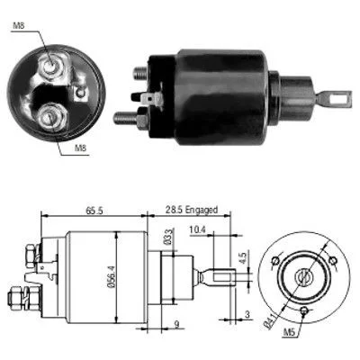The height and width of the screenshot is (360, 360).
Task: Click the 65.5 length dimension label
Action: point(94,211)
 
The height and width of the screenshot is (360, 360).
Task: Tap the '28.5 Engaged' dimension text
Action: point(192,210)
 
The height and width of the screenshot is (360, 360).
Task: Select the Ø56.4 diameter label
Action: point(111,276)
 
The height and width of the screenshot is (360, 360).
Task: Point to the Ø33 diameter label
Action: point(169,237)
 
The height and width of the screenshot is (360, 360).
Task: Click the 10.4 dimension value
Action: point(197,229)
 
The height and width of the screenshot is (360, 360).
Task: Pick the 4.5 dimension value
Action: point(243,257)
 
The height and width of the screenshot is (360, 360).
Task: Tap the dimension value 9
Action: point(176,324)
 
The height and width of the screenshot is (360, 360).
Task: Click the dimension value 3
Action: point(247,314)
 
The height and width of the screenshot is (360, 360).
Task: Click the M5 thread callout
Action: point(290,332)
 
